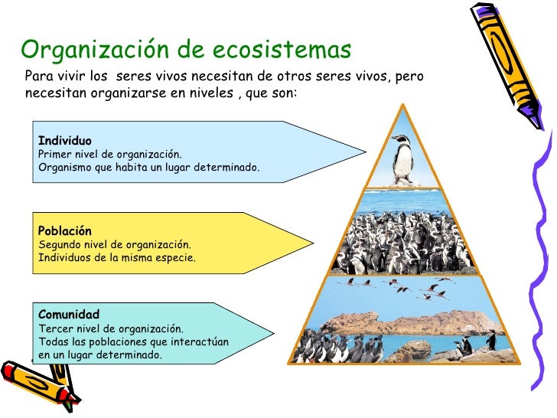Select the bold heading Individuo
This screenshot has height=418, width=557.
click(65, 141)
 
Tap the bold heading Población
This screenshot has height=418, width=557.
click(65, 231)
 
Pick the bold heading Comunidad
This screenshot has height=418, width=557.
click(69, 315)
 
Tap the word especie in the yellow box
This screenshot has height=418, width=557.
click(176, 258)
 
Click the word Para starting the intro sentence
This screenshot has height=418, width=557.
click(37, 77)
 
